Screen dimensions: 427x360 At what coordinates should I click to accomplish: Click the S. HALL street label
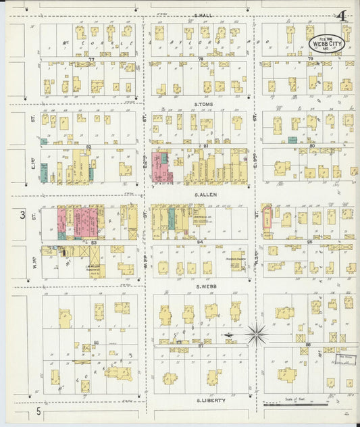(203, 16)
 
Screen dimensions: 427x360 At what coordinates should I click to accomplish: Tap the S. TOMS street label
(203, 105)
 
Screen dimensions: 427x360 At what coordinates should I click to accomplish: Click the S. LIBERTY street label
(210, 401)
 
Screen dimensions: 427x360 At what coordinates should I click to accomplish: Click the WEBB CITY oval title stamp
(327, 43)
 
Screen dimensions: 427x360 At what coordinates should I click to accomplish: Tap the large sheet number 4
(343, 16)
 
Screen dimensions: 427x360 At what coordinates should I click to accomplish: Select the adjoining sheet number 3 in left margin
(22, 215)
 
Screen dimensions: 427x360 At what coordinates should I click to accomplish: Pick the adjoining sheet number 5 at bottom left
(39, 411)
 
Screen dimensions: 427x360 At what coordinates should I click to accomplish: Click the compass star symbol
(257, 333)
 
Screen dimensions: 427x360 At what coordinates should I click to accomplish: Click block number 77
(91, 59)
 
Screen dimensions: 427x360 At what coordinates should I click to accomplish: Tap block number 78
(201, 59)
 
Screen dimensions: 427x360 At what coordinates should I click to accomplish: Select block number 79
(310, 59)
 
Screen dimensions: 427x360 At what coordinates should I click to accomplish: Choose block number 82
(88, 146)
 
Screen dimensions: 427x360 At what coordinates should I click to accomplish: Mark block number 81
(205, 146)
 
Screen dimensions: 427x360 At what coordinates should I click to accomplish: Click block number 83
(93, 242)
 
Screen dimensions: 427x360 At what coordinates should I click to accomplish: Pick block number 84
(201, 241)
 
